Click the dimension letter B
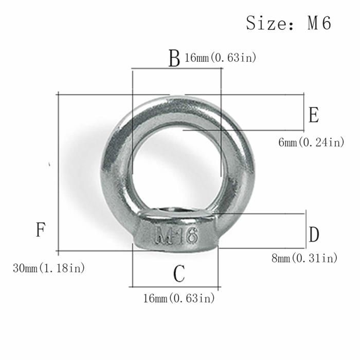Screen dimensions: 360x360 pos(174,59)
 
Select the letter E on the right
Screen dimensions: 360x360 pos(314,115)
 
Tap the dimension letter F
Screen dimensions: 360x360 pos(41,229)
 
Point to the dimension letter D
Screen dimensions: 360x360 pos(314,235)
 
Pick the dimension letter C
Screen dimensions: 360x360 pos(178,274)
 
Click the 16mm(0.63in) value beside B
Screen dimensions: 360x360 pos(220,58)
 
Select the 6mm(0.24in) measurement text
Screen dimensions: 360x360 pos(311,142)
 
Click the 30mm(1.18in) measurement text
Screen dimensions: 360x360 pos(49,268)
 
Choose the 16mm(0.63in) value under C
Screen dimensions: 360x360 pos(178,298)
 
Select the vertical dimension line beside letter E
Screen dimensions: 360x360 pos(304,112)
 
